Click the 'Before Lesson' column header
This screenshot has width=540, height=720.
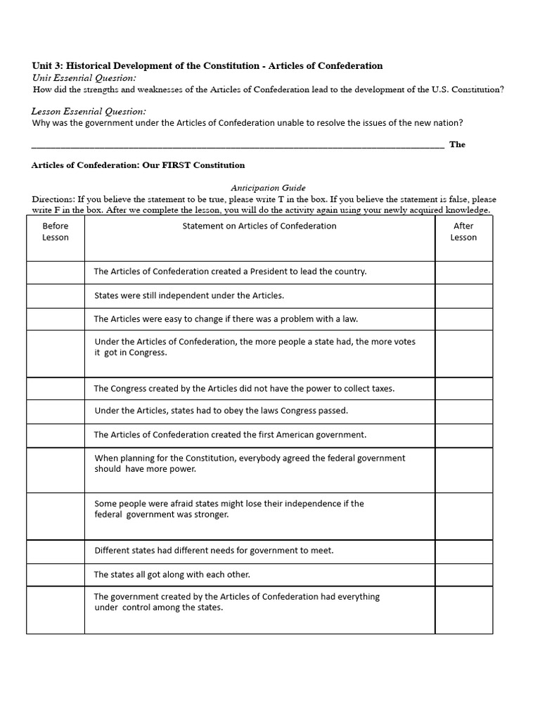pyautogui.click(x=56, y=231)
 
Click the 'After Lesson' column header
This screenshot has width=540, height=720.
pyautogui.click(x=463, y=231)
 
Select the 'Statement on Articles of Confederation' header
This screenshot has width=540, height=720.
pyautogui.click(x=259, y=226)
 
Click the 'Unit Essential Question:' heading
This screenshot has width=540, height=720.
pyautogui.click(x=84, y=77)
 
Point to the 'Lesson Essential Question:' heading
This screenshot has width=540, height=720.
pyautogui.click(x=89, y=111)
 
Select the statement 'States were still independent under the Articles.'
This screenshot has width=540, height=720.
pyautogui.click(x=189, y=295)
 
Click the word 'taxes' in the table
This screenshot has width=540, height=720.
pyautogui.click(x=382, y=388)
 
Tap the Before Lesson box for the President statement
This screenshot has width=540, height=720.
pyautogui.click(x=56, y=272)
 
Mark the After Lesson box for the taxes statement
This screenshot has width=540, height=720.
pyautogui.click(x=463, y=389)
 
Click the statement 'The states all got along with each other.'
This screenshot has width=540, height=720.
pyautogui.click(x=172, y=574)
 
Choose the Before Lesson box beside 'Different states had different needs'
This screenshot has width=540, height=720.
pyautogui.click(x=56, y=551)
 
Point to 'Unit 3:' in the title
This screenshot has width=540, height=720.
pyautogui.click(x=48, y=65)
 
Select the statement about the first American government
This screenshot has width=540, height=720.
pyautogui.click(x=230, y=435)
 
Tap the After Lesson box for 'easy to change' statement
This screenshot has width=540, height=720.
pyautogui.click(x=463, y=319)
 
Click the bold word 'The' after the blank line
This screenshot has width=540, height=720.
pyautogui.click(x=457, y=144)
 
